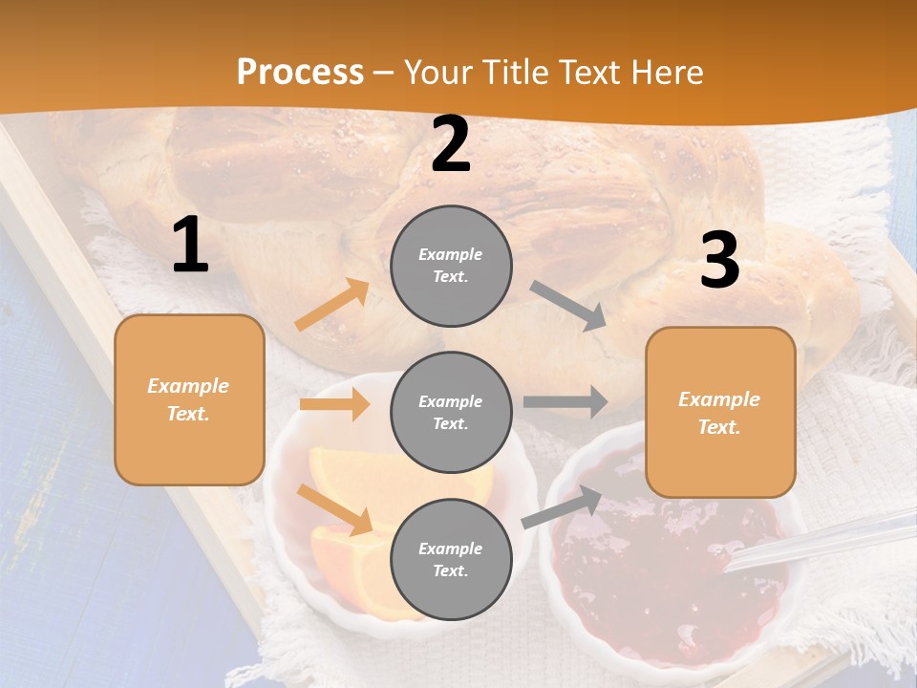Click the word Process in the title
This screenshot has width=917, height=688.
point(300,72)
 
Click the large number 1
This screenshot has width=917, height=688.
point(190,246)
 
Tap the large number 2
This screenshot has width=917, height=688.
point(451,145)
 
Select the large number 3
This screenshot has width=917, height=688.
point(719,261)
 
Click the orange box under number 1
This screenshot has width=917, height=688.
point(189,399)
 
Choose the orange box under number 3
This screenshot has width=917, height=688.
point(720,412)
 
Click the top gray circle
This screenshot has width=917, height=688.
point(451,266)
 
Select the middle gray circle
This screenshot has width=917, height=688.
point(451,412)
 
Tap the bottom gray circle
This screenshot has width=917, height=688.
point(451,559)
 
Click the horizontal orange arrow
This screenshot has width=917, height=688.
point(334,404)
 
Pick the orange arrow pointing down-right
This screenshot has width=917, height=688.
point(334,509)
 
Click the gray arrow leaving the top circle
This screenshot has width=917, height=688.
point(568,306)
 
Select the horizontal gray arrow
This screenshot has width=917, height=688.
point(565,401)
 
